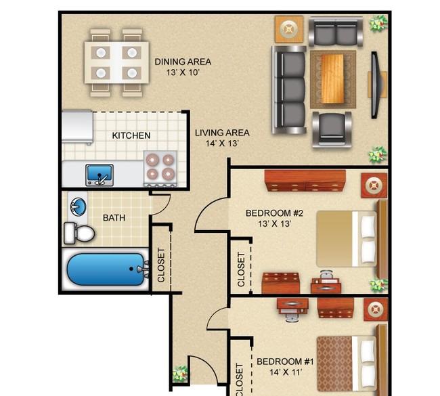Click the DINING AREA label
(183, 62)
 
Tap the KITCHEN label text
(131, 135)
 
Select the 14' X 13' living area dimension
(222, 144)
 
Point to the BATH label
(114, 218)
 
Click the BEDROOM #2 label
(274, 213)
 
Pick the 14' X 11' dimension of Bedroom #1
(286, 372)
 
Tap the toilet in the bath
(79, 233)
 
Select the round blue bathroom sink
(79, 206)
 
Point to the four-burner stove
(160, 168)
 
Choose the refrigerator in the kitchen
(77, 127)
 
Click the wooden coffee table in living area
(332, 79)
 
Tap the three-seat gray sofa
(289, 90)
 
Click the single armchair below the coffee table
(332, 129)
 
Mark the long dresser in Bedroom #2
(305, 181)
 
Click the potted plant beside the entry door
(180, 374)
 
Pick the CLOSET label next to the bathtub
(161, 265)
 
